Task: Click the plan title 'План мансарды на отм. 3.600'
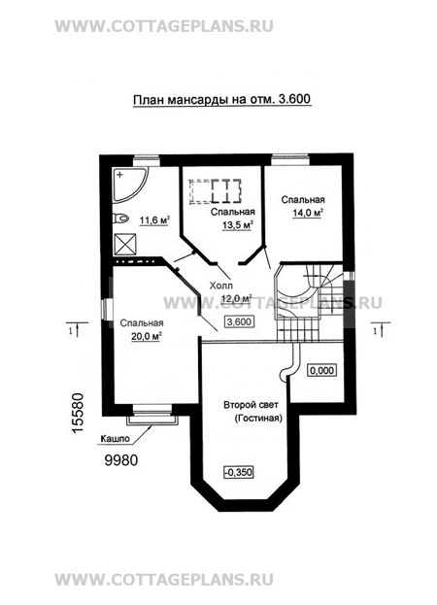point(221,100)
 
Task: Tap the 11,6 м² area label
point(154,220)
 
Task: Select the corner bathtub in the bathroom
point(130,184)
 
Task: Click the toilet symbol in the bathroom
point(120,218)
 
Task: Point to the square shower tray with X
point(125,244)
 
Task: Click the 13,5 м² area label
point(238,225)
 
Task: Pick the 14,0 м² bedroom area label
point(307,213)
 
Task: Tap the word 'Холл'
point(221,286)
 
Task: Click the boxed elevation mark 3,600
point(240,321)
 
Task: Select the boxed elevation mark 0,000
point(321,370)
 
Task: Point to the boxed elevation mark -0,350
point(239,472)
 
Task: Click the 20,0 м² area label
point(147,336)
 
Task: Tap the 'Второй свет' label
point(251,405)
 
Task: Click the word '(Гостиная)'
point(258,419)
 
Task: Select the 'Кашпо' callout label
point(115,439)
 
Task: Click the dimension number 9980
point(121,460)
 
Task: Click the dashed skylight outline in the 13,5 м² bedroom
point(216,191)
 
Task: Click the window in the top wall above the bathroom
point(147,160)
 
